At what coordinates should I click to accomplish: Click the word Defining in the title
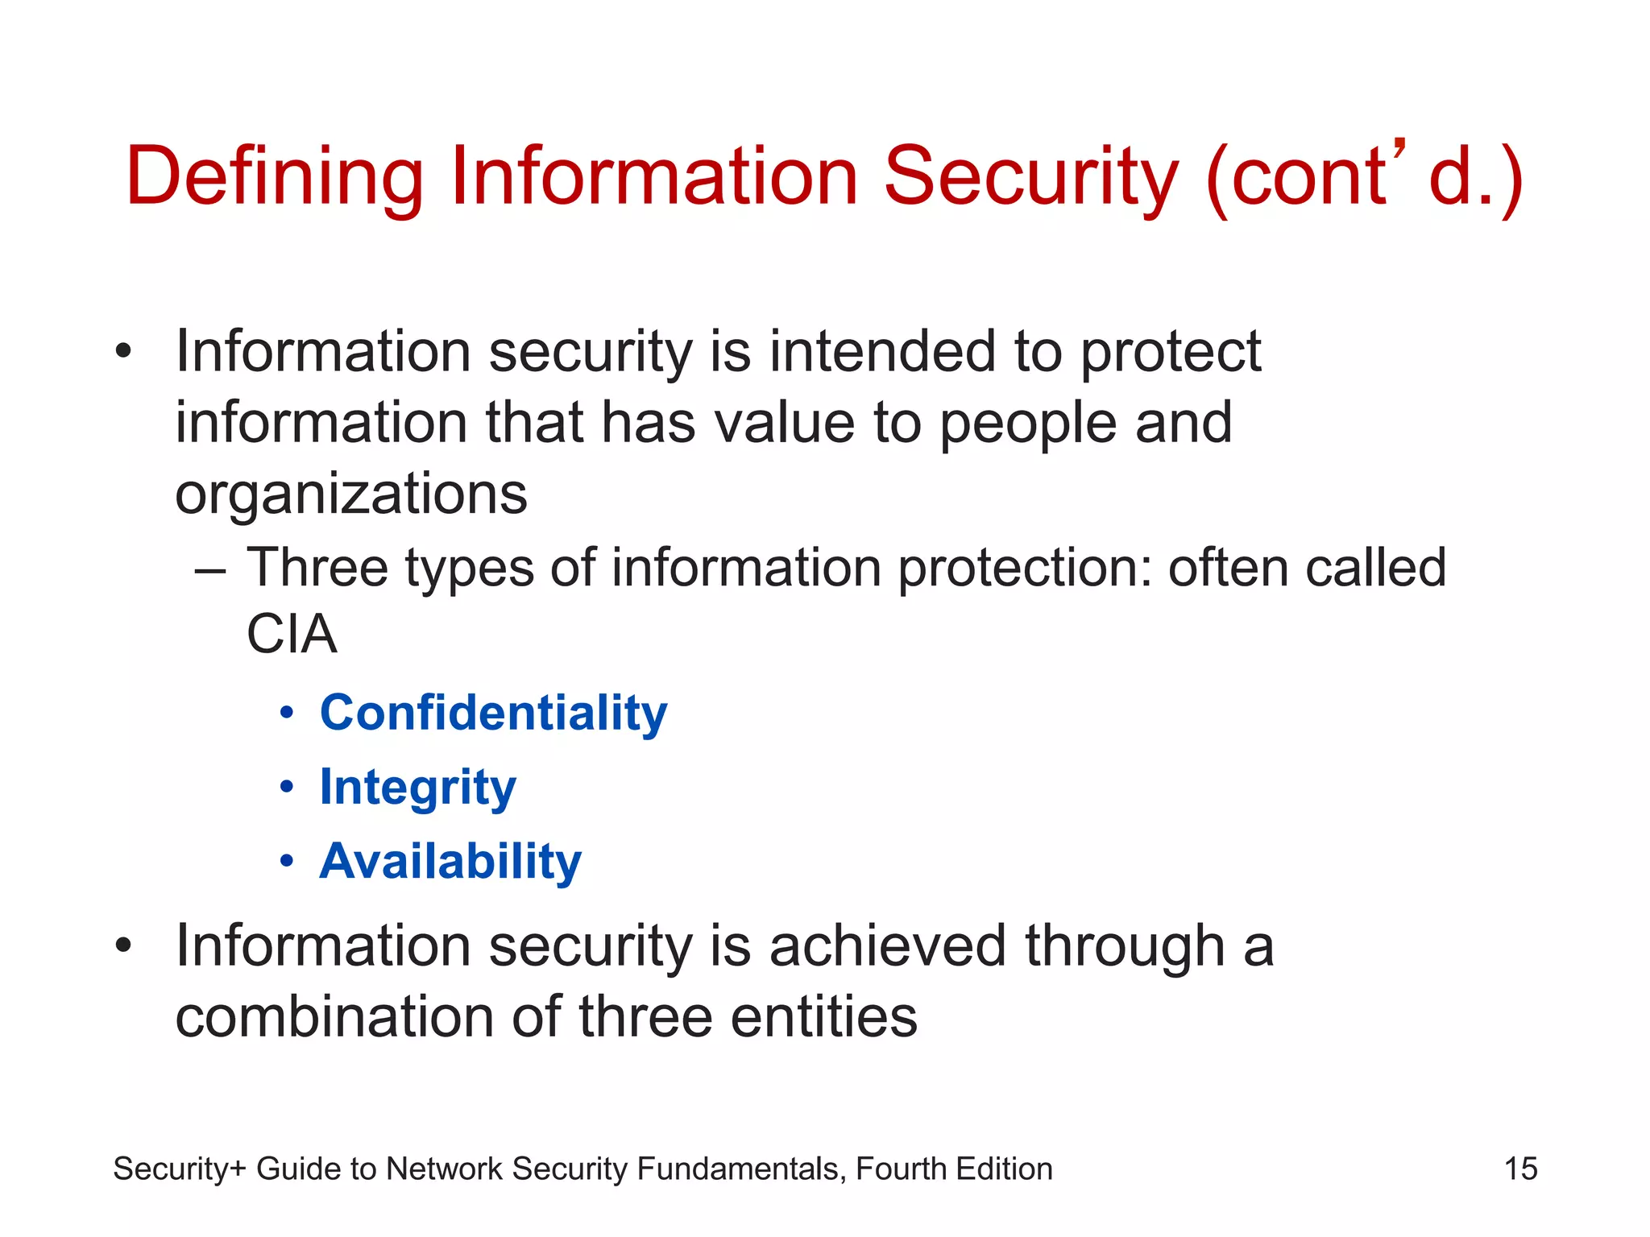[274, 177]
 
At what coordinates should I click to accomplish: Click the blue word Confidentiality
[493, 714]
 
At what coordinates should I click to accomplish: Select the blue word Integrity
[417, 788]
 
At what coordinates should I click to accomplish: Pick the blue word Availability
[450, 862]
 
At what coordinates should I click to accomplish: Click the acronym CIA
[291, 635]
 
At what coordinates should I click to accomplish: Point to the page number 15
[1520, 1169]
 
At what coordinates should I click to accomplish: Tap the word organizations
[351, 494]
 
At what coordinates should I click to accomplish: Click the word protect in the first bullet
[1170, 352]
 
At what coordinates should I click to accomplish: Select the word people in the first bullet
[1027, 423]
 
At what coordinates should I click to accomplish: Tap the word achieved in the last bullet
[887, 945]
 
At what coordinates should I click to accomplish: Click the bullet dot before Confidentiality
[287, 714]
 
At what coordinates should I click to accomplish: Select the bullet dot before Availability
[287, 862]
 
